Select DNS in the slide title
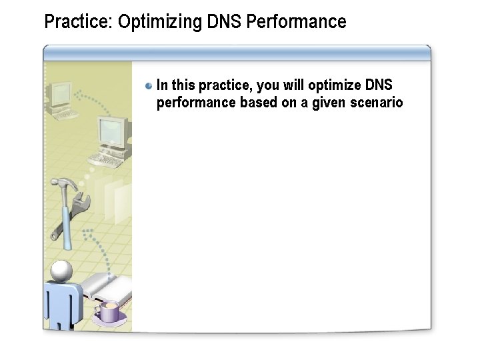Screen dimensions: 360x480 point(224,22)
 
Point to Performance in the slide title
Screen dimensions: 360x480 point(296,22)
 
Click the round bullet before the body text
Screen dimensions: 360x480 point(149,85)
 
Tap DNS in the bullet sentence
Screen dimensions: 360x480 point(379,85)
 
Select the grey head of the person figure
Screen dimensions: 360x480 point(62,271)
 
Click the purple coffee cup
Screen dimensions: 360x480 point(108,311)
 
